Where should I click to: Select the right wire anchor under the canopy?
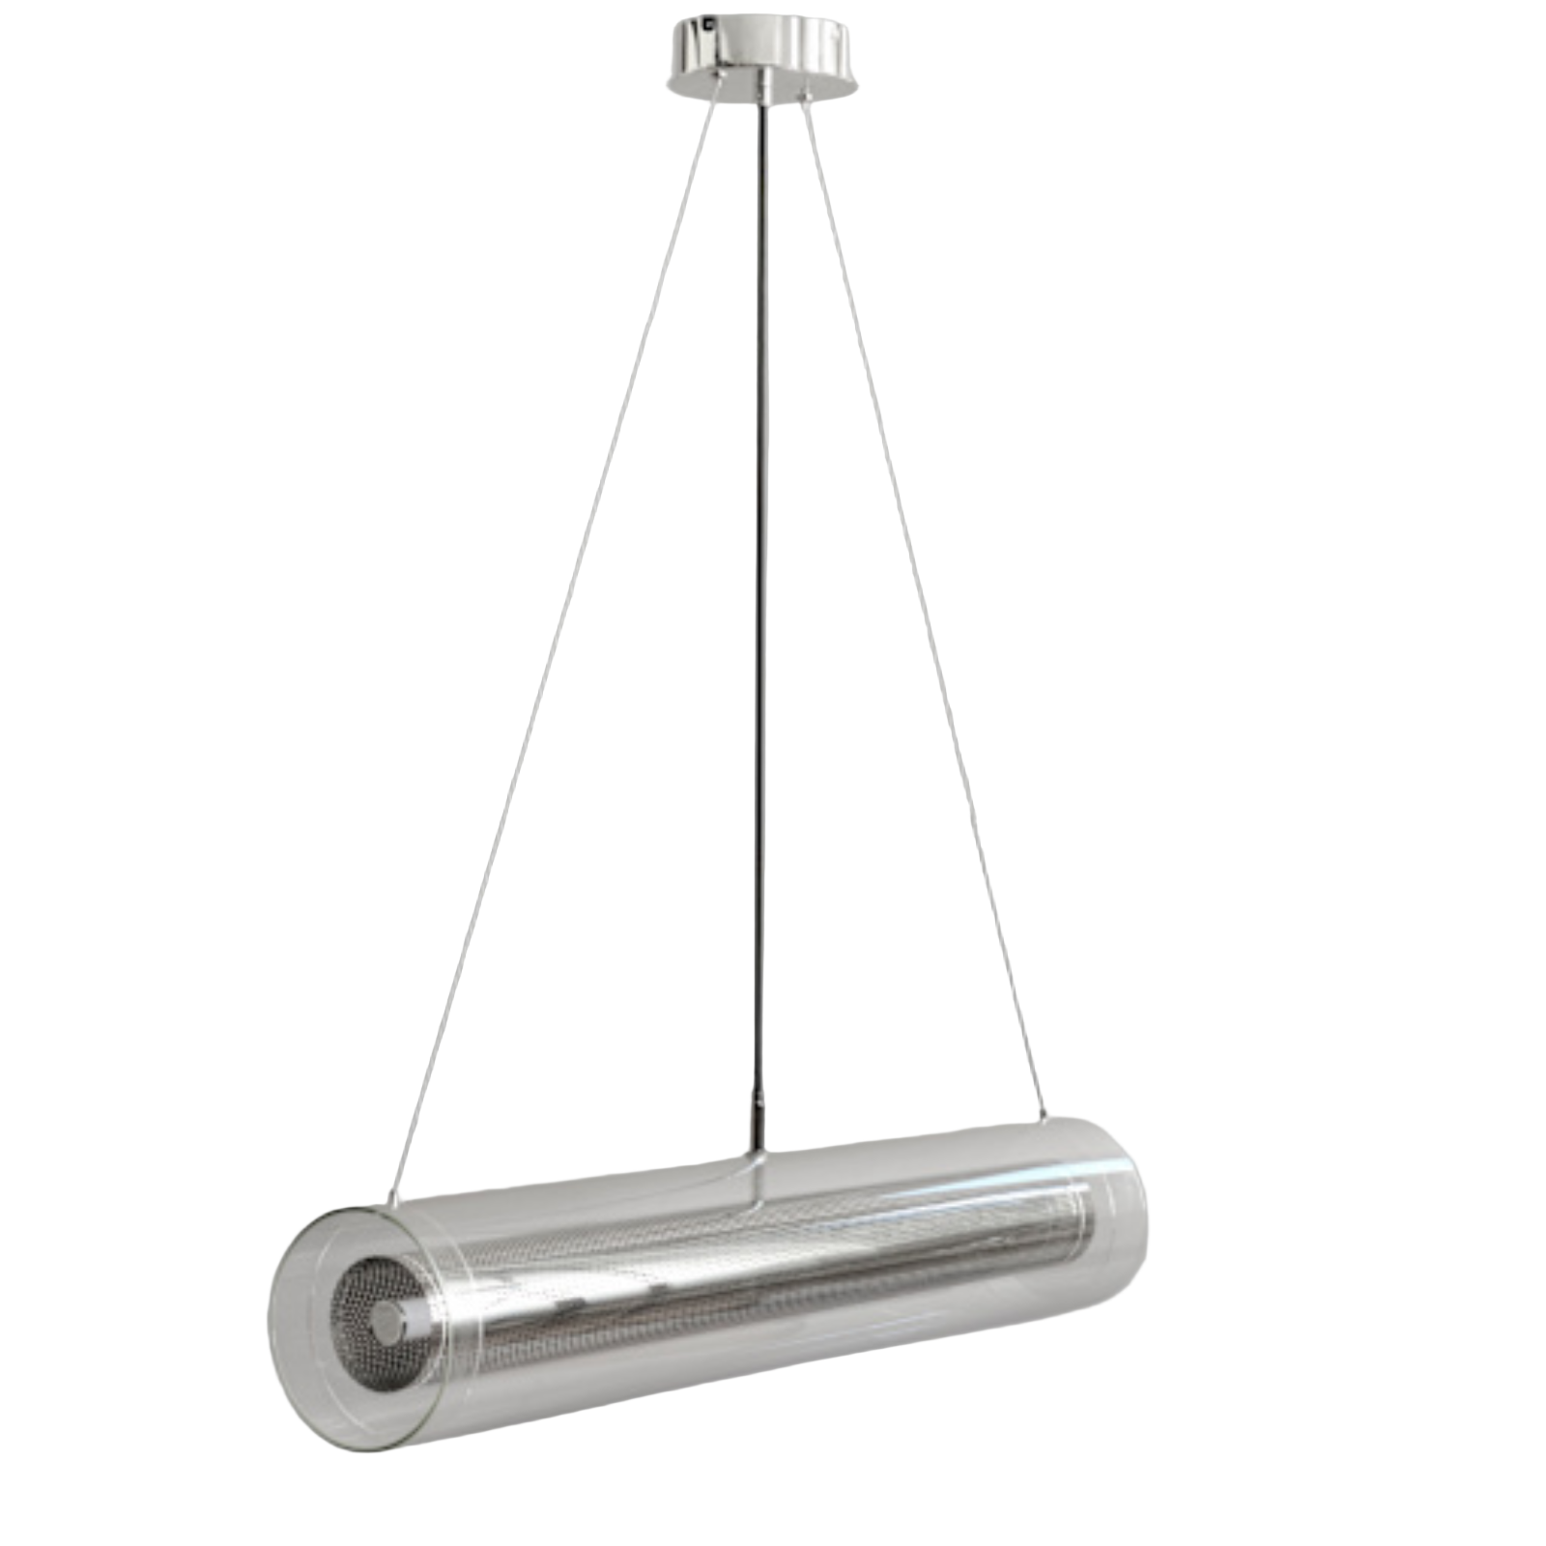point(804,95)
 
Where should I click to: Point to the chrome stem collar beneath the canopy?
point(763,89)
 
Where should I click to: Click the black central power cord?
point(761,580)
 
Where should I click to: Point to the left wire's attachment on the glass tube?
point(391,1199)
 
